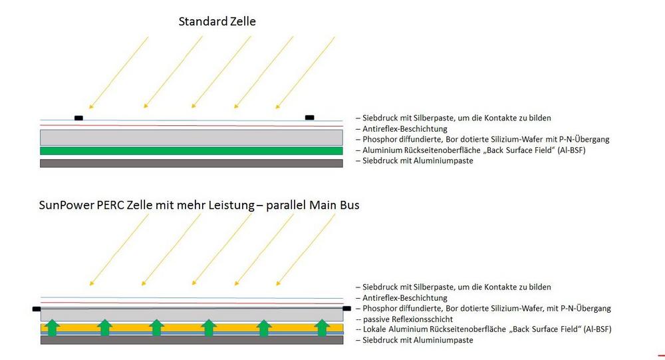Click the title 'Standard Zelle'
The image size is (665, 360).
(x=217, y=22)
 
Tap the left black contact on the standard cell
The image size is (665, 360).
(x=78, y=118)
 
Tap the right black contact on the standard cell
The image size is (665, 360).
(x=310, y=118)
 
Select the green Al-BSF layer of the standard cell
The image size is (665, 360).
(x=192, y=150)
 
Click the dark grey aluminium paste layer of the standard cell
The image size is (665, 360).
(x=192, y=163)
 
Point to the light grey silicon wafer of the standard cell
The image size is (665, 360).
(x=192, y=138)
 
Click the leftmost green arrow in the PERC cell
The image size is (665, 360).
(x=52, y=328)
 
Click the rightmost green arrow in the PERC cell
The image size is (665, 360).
(x=322, y=328)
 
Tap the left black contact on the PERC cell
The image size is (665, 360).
(x=37, y=309)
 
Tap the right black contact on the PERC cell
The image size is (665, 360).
(x=346, y=309)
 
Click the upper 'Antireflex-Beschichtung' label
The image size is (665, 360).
(x=404, y=128)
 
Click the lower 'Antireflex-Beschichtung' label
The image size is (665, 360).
(x=404, y=298)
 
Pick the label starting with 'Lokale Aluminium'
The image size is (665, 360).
(x=487, y=329)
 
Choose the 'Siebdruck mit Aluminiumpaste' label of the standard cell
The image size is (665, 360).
(x=418, y=161)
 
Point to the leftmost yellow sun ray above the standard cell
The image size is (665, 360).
(x=118, y=73)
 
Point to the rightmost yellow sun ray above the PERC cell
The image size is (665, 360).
(x=305, y=250)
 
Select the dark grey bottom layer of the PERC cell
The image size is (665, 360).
(x=192, y=339)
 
